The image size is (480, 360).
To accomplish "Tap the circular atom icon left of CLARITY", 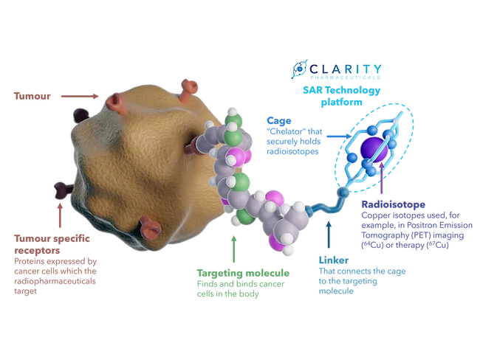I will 299,69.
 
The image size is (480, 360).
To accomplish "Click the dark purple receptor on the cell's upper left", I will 78,115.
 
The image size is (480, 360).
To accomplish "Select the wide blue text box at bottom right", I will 391,277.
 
